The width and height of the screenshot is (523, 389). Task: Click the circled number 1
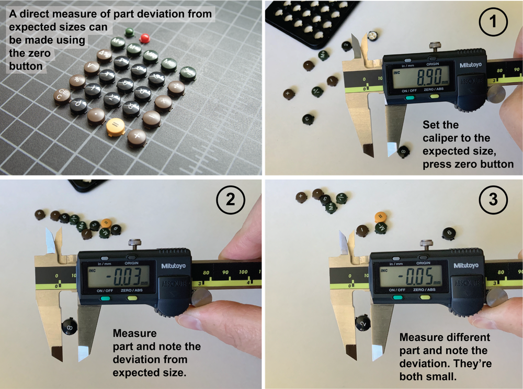point(492,24)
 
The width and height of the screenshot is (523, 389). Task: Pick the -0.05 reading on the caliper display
point(415,275)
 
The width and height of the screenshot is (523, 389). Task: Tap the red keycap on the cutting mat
point(145,38)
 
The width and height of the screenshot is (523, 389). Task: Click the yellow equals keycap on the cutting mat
point(115,126)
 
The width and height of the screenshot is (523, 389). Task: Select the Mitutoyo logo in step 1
point(471,65)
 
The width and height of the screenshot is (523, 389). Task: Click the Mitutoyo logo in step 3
point(465,265)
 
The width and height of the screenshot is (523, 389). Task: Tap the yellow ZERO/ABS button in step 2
point(132,298)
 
